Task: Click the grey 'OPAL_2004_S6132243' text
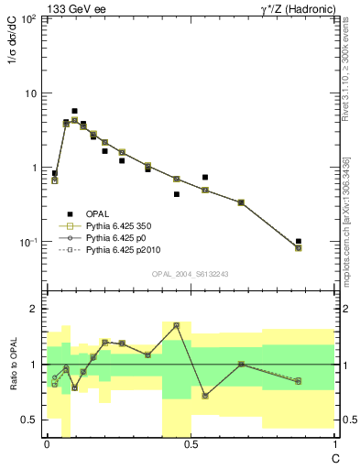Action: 190,274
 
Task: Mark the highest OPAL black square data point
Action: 74,111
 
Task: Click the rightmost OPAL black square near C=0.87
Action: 299,241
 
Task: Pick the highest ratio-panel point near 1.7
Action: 176,325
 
